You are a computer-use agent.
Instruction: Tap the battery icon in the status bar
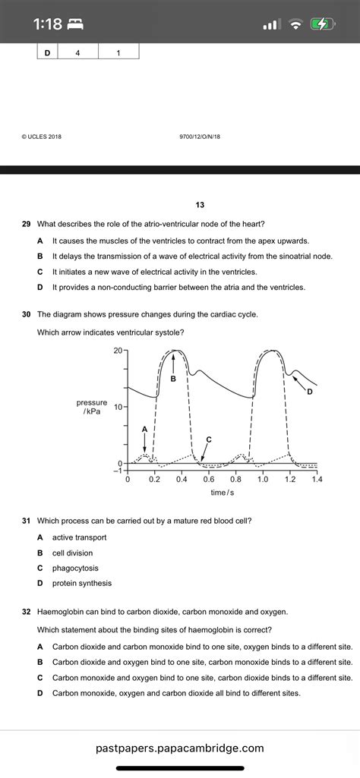[x=323, y=24]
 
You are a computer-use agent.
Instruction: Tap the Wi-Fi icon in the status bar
[x=295, y=24]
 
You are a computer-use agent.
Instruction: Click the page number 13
[x=200, y=205]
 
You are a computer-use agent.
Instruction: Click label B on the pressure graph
[x=173, y=378]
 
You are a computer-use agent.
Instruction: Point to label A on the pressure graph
[x=144, y=429]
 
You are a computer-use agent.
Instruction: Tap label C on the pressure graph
[x=208, y=439]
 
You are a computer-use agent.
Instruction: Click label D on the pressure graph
[x=309, y=392]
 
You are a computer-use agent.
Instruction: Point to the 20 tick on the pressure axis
[x=118, y=350]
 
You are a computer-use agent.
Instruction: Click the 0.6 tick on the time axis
[x=208, y=480]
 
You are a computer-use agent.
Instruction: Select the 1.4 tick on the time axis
[x=317, y=480]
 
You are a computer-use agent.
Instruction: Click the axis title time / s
[x=223, y=493]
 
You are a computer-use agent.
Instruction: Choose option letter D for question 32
[x=39, y=693]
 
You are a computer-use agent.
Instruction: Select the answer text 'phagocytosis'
[x=75, y=568]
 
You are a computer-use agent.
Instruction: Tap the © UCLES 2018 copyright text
[x=42, y=137]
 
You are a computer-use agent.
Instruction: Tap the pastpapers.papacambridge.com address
[x=180, y=748]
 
